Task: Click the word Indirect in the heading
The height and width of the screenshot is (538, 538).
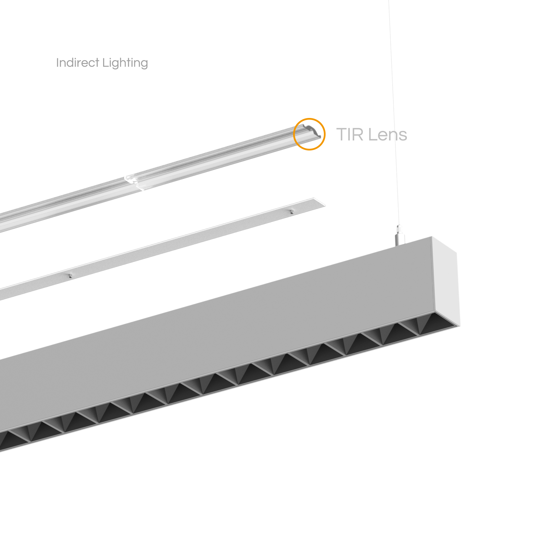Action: (x=78, y=62)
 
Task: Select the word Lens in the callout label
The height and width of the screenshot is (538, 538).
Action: (x=388, y=134)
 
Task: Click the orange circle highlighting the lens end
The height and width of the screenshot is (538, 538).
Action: (x=309, y=119)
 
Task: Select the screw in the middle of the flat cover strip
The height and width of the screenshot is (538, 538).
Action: (x=70, y=275)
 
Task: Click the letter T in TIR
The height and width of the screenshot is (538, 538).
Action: (x=342, y=134)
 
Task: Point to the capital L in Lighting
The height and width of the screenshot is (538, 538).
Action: (x=105, y=62)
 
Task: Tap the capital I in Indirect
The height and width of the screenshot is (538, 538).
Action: (x=57, y=62)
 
